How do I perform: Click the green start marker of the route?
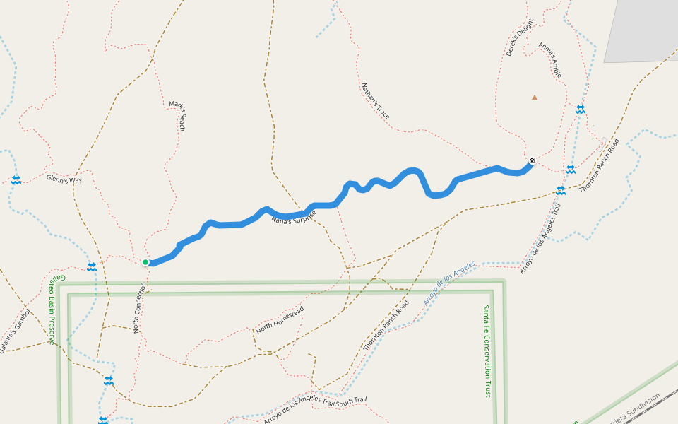(x=145, y=262)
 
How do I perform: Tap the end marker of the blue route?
(x=532, y=161)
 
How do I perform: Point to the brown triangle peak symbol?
(x=535, y=98)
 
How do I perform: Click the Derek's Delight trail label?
(x=519, y=42)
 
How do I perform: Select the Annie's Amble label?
(x=550, y=60)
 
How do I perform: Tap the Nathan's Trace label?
(x=375, y=101)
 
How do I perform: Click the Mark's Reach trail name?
(x=177, y=116)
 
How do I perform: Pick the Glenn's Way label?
(x=64, y=179)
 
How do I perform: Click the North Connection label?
(x=140, y=308)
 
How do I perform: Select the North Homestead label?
(x=280, y=320)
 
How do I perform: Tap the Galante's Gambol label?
(x=15, y=331)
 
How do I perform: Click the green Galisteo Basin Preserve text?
(x=52, y=308)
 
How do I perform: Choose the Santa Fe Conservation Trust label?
(x=487, y=351)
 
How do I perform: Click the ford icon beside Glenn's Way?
(x=16, y=180)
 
